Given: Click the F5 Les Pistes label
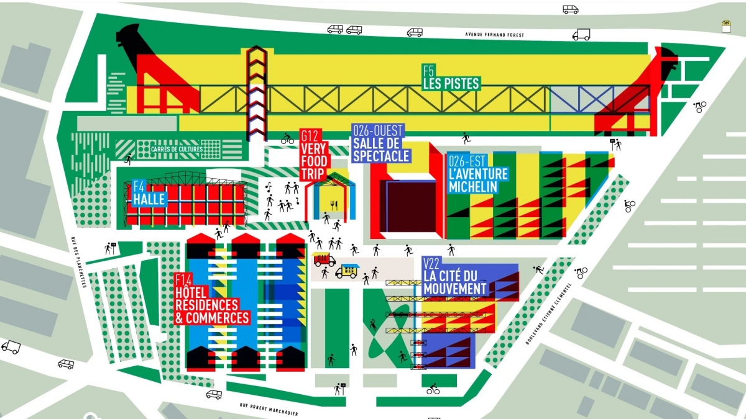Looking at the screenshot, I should point(451,78).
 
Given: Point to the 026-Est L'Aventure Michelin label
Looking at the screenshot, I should point(477,174).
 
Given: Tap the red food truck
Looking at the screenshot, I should point(325,259).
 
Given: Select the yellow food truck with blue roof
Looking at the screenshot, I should point(346,271).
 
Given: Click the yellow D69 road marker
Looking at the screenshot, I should point(725,26).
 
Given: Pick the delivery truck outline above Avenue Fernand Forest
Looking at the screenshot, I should point(581,35).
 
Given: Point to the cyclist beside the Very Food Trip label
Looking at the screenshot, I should point(287,138).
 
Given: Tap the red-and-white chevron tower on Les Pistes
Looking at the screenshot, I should point(257,93).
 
